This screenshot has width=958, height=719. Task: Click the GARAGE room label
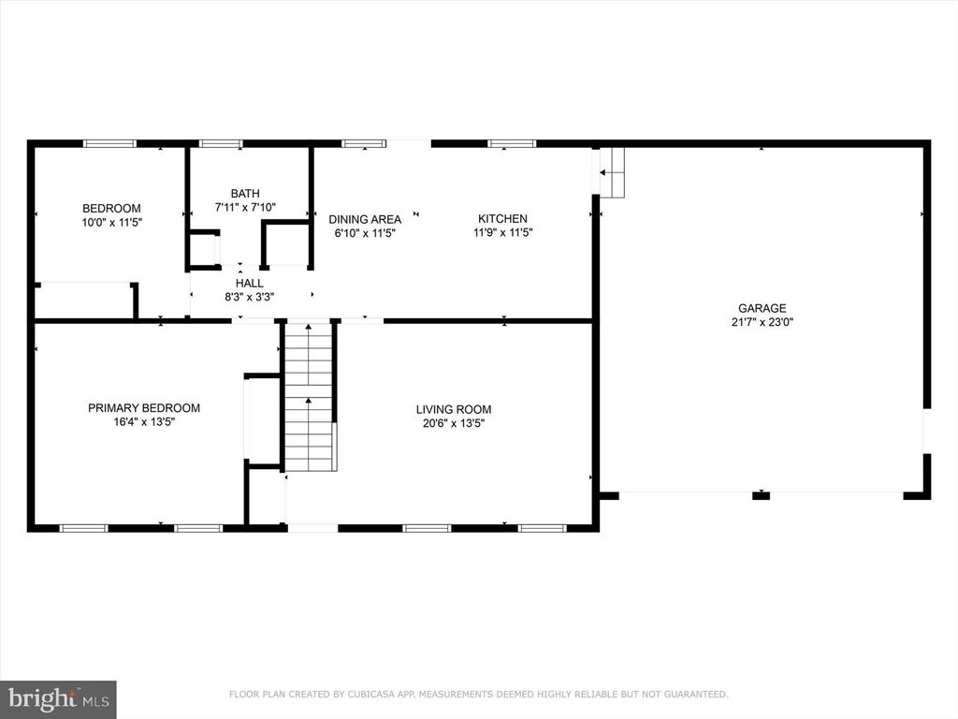click(761, 308)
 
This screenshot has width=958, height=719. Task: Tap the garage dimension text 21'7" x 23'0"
click(761, 322)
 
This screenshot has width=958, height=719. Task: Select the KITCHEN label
click(502, 219)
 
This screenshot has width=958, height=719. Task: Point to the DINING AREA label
click(365, 219)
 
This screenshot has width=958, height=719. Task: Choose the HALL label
click(249, 283)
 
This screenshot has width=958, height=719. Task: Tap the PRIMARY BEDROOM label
click(144, 408)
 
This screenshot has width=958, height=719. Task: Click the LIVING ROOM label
click(454, 409)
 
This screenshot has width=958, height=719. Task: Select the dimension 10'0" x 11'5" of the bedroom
click(111, 223)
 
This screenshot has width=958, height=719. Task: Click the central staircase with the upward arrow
click(309, 398)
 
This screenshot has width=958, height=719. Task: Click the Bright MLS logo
click(58, 698)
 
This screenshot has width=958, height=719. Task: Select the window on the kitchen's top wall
click(512, 143)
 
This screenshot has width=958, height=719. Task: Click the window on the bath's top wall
click(221, 143)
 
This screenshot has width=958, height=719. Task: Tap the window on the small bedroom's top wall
click(109, 143)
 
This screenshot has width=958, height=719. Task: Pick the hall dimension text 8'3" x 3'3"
click(249, 297)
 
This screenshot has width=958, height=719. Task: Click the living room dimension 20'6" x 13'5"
click(454, 423)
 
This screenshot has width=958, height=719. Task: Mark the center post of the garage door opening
click(762, 494)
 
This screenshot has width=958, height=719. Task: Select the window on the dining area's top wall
click(364, 143)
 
